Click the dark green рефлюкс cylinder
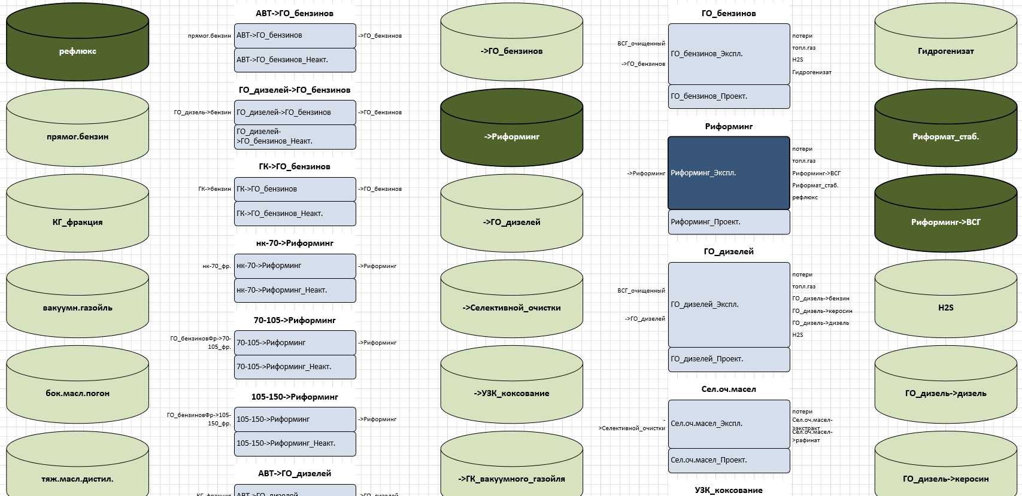pos(77,51)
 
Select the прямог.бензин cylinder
pos(77,136)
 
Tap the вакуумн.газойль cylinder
pos(77,308)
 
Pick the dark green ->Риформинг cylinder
pos(511,136)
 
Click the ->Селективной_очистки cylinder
pos(511,308)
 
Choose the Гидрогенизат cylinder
pos(945,51)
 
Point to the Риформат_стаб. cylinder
pos(945,136)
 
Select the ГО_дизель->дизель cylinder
pos(945,393)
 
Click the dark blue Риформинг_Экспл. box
pos(729,173)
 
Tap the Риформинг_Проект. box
pos(729,222)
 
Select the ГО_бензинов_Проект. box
pos(729,96)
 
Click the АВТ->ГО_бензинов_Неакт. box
pos(295,60)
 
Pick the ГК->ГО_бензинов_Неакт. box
pos(295,214)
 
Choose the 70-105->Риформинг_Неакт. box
pos(295,367)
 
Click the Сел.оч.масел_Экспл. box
pos(729,424)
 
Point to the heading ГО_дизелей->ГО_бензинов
pos(295,90)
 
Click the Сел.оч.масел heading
pos(729,389)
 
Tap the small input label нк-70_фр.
pos(217,266)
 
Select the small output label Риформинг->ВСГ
pos(816,174)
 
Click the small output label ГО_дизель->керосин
pos(822,311)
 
